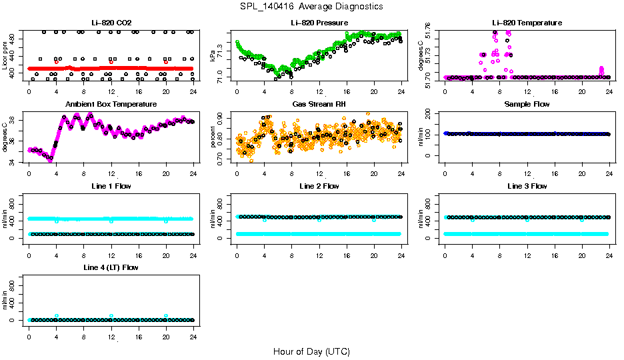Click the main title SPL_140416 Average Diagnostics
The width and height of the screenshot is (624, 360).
tap(312, 6)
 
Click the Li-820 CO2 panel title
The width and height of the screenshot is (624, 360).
tap(111, 23)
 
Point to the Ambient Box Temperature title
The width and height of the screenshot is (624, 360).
tap(111, 105)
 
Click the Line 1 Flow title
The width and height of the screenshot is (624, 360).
tap(111, 186)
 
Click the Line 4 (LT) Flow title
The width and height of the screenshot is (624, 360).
tap(111, 267)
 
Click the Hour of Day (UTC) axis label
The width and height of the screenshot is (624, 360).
tap(311, 351)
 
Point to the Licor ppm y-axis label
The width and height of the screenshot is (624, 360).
tap(5, 55)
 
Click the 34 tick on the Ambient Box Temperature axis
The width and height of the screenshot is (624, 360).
tap(12, 161)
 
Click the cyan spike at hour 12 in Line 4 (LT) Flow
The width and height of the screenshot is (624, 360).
tap(111, 315)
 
